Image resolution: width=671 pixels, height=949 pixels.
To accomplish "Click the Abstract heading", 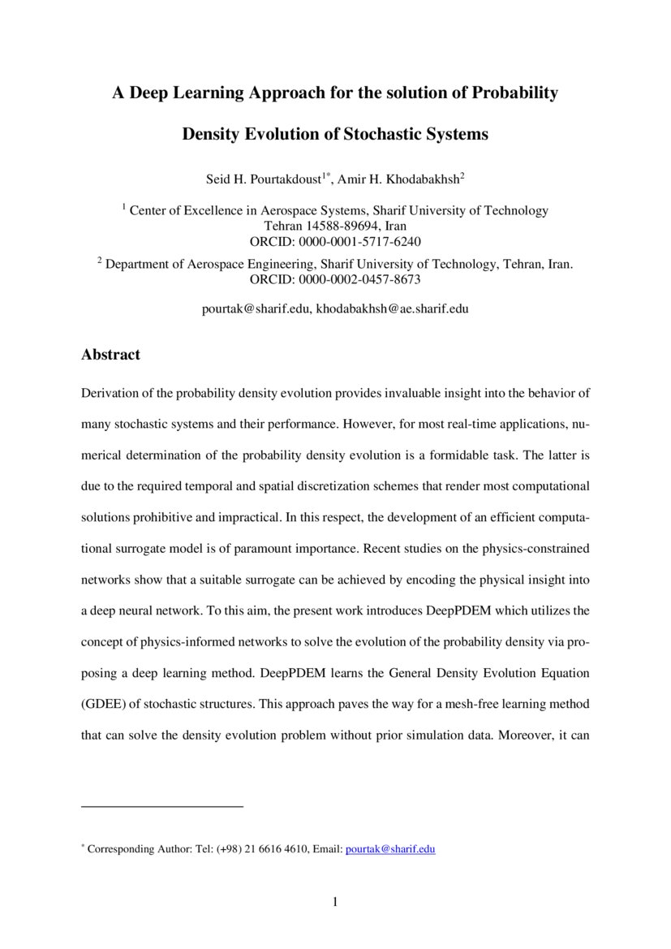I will click(110, 355).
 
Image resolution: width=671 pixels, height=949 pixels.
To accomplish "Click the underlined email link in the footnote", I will click(390, 849).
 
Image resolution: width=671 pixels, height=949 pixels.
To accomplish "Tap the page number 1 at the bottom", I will click(335, 902).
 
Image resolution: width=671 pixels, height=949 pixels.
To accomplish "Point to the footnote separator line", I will click(162, 806).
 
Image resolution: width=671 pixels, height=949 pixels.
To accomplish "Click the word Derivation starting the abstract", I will click(113, 394).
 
